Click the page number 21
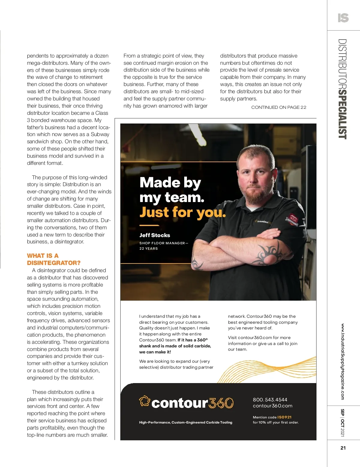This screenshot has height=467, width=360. pos(343,448)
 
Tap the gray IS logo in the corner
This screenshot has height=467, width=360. pos(343,18)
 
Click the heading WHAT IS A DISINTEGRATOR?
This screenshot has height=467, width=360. pos(54,259)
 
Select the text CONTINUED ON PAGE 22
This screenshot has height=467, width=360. pos(279,107)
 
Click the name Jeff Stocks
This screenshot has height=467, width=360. pos(154,235)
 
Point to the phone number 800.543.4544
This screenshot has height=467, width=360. pos(270,400)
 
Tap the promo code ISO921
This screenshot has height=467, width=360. pos(284,417)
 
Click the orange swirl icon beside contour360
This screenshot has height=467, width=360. pos(144,401)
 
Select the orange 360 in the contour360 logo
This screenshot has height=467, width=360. pos(221,403)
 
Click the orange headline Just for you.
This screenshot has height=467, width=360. pos(182,212)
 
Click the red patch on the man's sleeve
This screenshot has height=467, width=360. pos(293,219)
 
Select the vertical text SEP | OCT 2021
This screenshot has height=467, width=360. pos(343,423)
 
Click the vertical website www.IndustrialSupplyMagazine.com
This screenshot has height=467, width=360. pos(343,361)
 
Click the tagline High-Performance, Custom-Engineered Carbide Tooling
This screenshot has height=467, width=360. pos(185,422)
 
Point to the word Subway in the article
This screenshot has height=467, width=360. pos(100,134)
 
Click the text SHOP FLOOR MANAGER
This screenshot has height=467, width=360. pos(162,243)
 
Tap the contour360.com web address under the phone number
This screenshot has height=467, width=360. pos(272,406)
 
